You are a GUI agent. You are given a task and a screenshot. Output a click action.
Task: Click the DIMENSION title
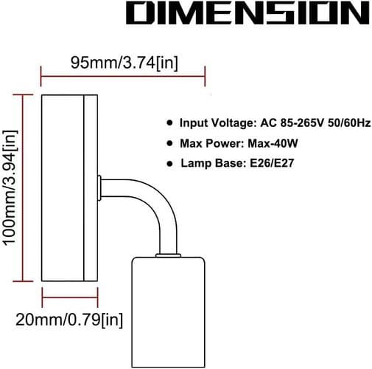pos(248,13)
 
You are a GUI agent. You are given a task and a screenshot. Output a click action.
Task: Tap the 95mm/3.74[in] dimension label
pos(124,63)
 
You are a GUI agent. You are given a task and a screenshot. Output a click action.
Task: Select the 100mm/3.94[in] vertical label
pos(10,187)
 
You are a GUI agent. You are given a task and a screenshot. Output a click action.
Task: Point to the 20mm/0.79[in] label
pos(69,320)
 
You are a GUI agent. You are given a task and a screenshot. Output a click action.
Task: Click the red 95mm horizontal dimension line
pos(123,76)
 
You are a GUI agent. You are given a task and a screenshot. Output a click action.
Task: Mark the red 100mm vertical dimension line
pos(23,188)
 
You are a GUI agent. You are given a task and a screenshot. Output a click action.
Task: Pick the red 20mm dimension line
pos(70,297)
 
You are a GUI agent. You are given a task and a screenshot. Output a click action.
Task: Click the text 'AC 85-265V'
pos(292,123)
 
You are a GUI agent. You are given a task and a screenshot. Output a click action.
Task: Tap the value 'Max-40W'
pos(273,143)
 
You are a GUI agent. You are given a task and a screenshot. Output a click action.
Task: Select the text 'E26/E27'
pos(272,163)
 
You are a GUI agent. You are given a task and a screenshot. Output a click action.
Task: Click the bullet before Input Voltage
pos(169,123)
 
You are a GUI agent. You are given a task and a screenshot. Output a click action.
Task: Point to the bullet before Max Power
pos(169,143)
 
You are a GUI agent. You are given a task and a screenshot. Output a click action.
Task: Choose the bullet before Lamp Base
pos(169,163)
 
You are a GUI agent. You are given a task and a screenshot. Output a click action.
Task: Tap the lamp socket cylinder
pos(169,312)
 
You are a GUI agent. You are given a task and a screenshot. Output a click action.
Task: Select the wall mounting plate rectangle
pos(70,188)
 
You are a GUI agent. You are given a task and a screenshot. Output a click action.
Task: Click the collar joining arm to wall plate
pos(99,188)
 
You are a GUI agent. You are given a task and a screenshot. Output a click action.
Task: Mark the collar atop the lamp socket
pos(168,255)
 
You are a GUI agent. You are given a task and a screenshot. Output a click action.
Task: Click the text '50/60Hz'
pos(349,123)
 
